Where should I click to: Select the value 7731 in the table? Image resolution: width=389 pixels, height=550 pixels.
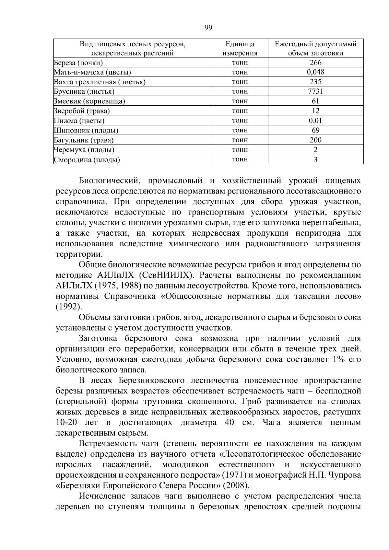coord(315,91)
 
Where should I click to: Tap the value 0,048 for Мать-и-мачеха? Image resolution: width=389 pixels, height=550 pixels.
coord(315,72)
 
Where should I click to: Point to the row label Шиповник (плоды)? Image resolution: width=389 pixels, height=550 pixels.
coord(86,131)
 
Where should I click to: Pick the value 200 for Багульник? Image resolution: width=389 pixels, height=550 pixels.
coord(315,140)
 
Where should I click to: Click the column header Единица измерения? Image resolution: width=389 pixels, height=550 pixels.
coord(240,48)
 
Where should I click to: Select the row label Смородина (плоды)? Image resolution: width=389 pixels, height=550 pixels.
coord(87,160)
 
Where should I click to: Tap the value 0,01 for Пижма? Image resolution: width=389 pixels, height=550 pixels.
coord(315,121)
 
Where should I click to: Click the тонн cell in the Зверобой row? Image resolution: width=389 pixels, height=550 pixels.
coord(240,111)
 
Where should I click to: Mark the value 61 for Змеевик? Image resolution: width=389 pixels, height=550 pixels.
coord(315,101)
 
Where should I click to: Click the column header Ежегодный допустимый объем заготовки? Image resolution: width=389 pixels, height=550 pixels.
coord(315,48)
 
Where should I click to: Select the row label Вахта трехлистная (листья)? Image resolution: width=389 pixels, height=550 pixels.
coord(100,82)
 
